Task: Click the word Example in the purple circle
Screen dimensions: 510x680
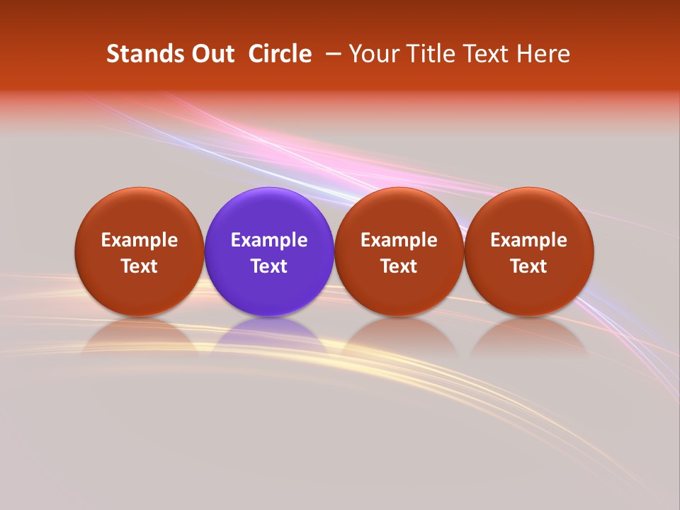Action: (x=269, y=240)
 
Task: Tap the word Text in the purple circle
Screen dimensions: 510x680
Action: (x=269, y=266)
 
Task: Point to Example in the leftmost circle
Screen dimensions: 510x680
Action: (x=140, y=240)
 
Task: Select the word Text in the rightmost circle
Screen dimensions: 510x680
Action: (x=529, y=266)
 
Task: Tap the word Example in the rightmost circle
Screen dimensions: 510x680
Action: (x=529, y=240)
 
